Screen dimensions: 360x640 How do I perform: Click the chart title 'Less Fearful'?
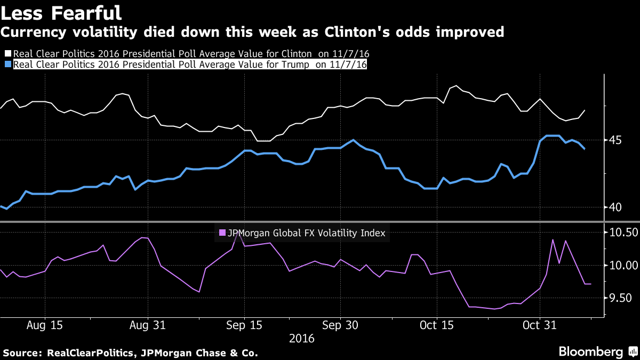click(61, 12)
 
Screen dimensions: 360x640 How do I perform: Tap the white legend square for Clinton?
click(7, 54)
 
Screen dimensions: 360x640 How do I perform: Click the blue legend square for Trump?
click(7, 65)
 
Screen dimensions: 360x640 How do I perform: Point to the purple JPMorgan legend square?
click(222, 233)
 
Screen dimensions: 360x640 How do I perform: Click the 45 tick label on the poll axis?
click(617, 140)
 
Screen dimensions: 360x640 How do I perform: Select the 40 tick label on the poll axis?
click(617, 207)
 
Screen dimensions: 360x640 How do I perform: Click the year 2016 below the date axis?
click(301, 339)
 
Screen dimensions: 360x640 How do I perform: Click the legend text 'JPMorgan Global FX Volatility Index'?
click(307, 233)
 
